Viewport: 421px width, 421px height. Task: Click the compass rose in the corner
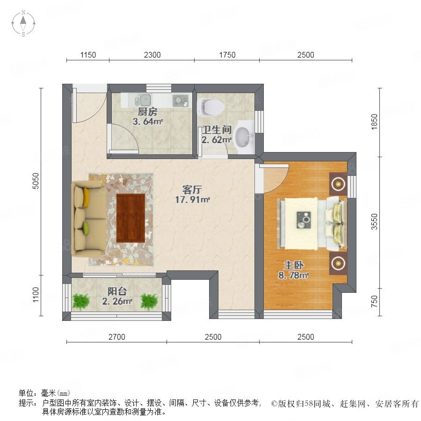(x=23, y=23)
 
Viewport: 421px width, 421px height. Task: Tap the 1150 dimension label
(x=88, y=55)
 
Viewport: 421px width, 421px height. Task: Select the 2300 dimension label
(x=152, y=55)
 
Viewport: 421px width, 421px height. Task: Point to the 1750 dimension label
(x=227, y=55)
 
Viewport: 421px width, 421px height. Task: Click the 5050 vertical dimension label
(x=36, y=181)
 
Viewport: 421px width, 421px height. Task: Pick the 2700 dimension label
(x=117, y=337)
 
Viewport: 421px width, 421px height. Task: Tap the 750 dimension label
(x=374, y=302)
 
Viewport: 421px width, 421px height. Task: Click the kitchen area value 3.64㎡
(x=148, y=122)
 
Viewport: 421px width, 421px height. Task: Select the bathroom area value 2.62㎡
(x=217, y=140)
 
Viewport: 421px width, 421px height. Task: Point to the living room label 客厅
(x=192, y=190)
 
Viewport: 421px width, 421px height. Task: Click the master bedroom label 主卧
(x=294, y=265)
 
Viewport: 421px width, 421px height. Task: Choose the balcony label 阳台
(x=117, y=291)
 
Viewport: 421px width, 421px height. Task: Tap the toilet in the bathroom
(x=211, y=107)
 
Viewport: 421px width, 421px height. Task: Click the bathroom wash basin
(x=244, y=137)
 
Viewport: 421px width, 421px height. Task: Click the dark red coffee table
(x=131, y=218)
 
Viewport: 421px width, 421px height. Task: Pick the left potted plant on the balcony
(x=80, y=301)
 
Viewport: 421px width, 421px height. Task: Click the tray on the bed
(x=304, y=220)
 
